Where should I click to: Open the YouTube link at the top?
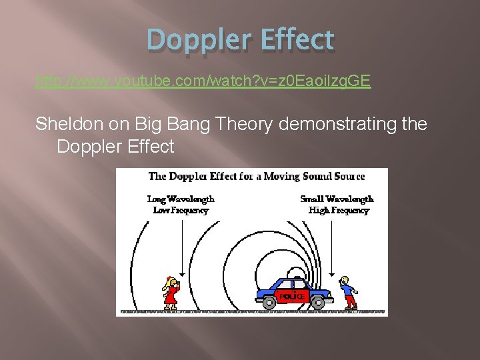203,82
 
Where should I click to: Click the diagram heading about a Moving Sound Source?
257,177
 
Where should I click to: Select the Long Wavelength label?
181,199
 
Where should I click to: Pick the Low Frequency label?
181,210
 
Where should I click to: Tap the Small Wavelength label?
337,199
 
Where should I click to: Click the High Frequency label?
339,210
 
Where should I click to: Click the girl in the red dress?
172,292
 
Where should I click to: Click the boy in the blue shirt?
347,292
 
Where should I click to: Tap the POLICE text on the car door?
291,296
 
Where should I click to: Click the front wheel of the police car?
317,303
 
